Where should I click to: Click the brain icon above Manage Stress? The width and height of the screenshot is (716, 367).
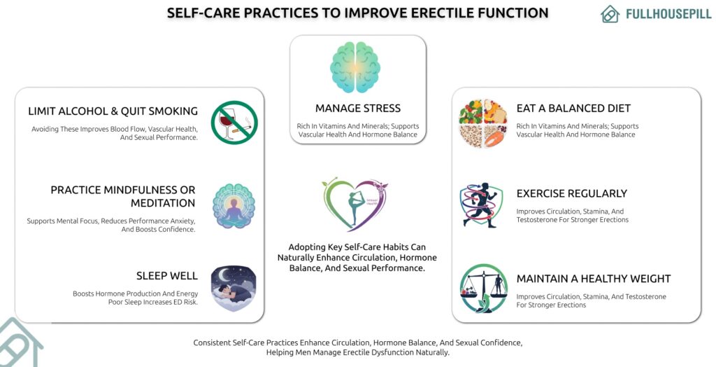tap(357, 67)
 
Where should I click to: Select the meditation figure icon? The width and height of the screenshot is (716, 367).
tap(234, 206)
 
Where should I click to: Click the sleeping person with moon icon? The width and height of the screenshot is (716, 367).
tap(234, 288)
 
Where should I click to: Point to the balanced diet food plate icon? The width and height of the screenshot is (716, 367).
tap(483, 123)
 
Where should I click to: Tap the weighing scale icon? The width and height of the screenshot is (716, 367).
tap(483, 288)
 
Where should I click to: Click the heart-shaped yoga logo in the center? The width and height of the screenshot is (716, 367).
tap(355, 204)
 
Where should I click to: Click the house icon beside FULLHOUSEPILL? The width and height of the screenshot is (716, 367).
tap(610, 14)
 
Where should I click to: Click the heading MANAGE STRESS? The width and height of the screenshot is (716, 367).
tap(357, 109)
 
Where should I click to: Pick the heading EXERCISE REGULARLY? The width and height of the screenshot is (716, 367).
tap(571, 193)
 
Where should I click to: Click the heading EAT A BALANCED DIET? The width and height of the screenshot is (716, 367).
tap(573, 109)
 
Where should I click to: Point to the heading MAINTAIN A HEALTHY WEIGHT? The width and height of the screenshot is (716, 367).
tap(593, 279)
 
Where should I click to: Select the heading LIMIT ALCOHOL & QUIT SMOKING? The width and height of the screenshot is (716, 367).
tap(113, 111)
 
